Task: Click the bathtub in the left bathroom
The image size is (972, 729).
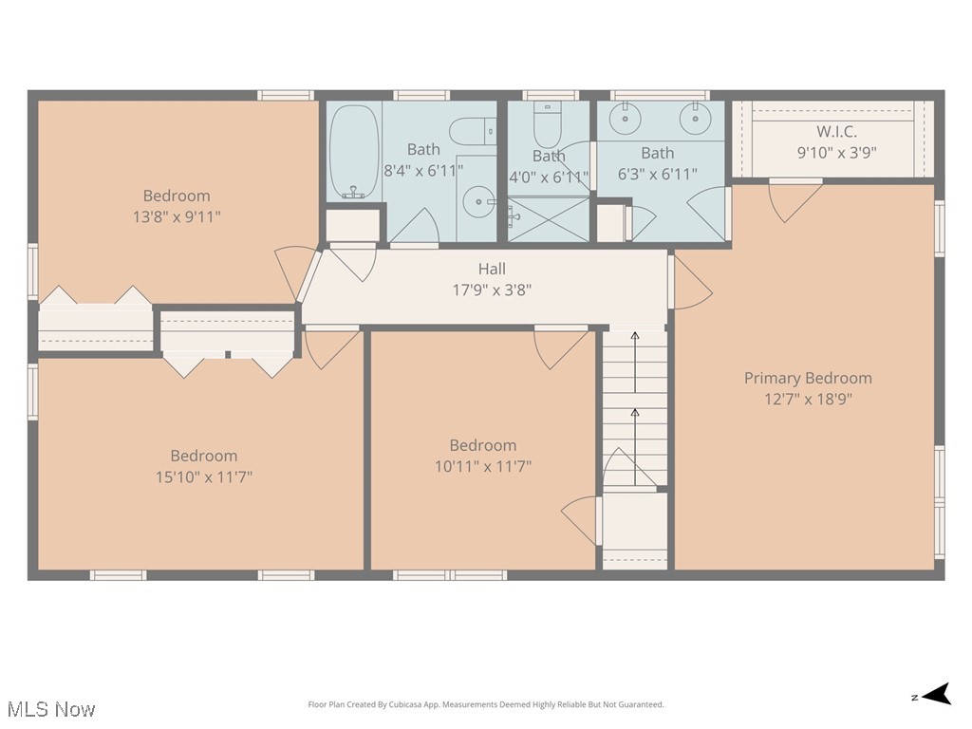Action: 353,152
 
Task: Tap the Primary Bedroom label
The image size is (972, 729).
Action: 807,378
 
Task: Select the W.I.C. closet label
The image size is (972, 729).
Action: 836,132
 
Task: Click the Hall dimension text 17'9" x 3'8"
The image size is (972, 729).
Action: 492,290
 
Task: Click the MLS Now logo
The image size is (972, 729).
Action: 51,708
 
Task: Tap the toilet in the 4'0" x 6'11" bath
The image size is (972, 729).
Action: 547,121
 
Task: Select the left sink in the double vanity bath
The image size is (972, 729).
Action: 628,118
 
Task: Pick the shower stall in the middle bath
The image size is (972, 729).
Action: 548,219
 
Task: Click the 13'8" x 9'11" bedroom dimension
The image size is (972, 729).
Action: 177,216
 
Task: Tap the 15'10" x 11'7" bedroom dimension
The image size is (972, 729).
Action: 204,477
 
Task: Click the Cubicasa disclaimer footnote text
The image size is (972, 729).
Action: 486,704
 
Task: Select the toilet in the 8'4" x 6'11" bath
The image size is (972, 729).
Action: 472,130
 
